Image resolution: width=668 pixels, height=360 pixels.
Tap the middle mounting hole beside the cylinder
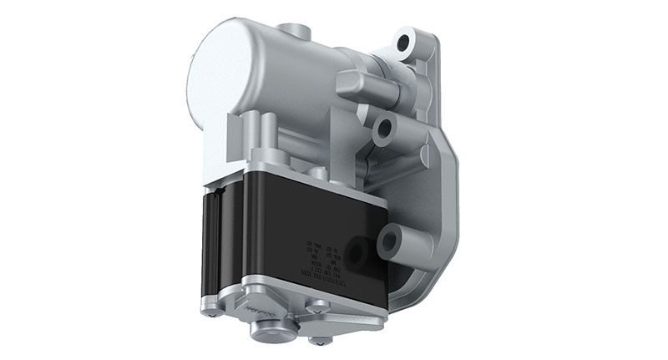[385, 128]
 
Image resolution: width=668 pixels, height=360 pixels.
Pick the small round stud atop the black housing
[316, 173]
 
